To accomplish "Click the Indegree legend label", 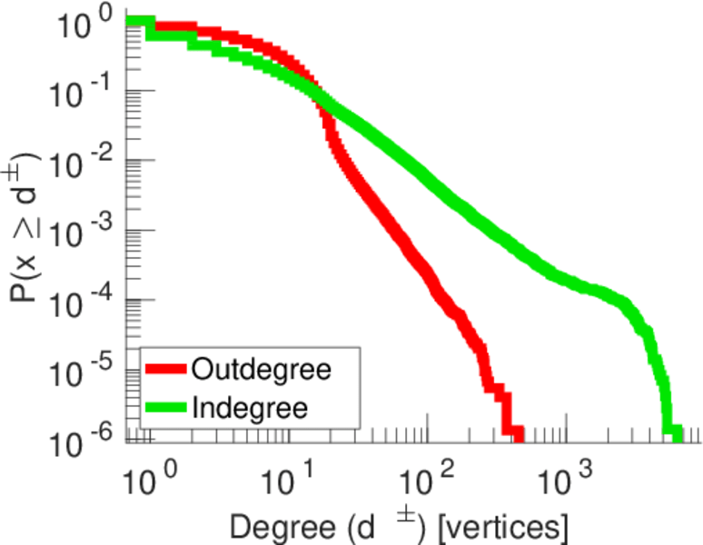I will (250, 407).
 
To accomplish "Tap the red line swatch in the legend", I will (166, 370).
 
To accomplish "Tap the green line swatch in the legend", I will (166, 407).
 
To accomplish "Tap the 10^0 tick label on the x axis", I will (145, 480).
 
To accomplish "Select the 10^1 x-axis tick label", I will (286, 480).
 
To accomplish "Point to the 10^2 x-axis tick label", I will (428, 480).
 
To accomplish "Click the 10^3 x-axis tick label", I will (569, 480).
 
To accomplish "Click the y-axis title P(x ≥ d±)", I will (25, 227).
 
